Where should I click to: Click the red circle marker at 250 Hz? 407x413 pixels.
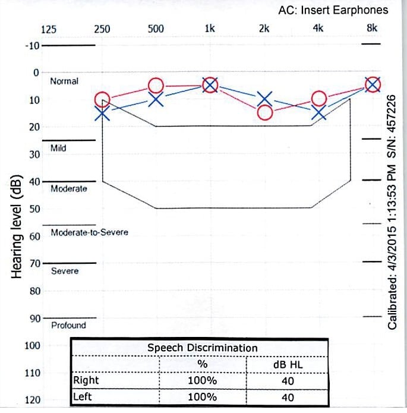pyautogui.click(x=102, y=99)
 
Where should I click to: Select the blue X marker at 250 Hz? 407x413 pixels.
pyautogui.click(x=102, y=113)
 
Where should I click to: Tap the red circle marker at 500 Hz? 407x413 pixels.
pyautogui.click(x=156, y=86)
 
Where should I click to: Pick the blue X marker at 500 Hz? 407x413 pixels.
pyautogui.click(x=156, y=99)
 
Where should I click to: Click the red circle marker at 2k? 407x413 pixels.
pyautogui.click(x=265, y=112)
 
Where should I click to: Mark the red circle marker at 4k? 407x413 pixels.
pyautogui.click(x=319, y=99)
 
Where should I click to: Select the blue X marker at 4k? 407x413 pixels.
pyautogui.click(x=319, y=112)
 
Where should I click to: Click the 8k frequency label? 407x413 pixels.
pyautogui.click(x=371, y=29)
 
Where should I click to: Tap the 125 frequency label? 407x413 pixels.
pyautogui.click(x=48, y=29)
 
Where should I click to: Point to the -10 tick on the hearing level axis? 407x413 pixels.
pyautogui.click(x=32, y=46)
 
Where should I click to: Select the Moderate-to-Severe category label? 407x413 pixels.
pyautogui.click(x=89, y=232)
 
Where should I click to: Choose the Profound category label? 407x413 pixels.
pyautogui.click(x=68, y=325)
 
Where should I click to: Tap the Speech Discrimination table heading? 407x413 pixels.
pyautogui.click(x=202, y=348)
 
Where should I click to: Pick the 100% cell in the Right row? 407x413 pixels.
pyautogui.click(x=203, y=380)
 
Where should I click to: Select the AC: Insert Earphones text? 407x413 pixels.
pyautogui.click(x=333, y=10)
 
